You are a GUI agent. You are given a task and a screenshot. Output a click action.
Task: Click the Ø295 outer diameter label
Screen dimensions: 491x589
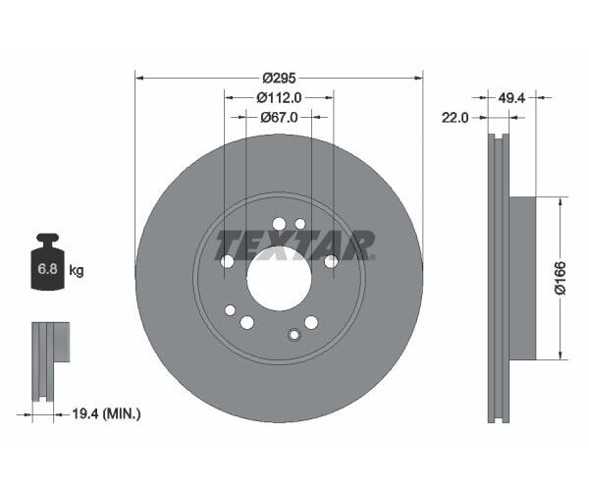coord(280,76)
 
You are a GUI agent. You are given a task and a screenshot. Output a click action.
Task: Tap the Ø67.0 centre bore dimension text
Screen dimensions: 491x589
coord(279,118)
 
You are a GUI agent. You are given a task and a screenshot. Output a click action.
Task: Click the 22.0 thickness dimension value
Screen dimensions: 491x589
coord(454,118)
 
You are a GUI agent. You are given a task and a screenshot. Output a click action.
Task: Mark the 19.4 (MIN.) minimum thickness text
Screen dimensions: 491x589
coord(108,414)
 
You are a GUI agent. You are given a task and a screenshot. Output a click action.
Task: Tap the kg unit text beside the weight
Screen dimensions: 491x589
coord(76,270)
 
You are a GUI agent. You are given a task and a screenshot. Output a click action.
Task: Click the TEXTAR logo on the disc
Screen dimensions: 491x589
coord(294,245)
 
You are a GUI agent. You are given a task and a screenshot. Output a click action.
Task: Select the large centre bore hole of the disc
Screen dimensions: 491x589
coord(279,275)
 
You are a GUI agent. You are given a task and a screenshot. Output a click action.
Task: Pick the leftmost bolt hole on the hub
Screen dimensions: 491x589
coord(228,261)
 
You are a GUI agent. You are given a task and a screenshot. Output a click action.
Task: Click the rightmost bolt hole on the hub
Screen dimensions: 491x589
coord(331,261)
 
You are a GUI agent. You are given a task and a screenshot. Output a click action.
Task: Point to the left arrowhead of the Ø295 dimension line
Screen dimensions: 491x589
coord(138,76)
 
